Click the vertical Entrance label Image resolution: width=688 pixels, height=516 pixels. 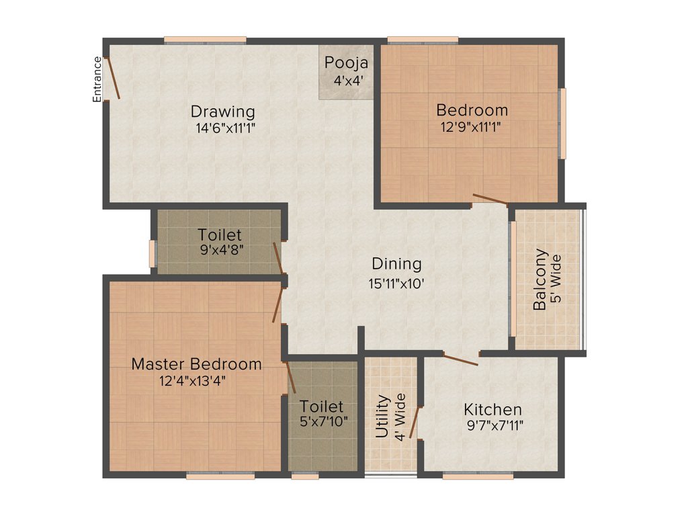[97, 79]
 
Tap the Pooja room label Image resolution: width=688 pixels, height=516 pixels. [346, 63]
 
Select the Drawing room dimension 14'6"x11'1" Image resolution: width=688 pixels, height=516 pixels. [223, 127]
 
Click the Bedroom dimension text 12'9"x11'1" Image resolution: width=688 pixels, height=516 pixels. [471, 126]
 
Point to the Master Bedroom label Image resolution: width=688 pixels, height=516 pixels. [196, 364]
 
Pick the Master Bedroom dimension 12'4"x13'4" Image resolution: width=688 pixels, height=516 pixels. [196, 381]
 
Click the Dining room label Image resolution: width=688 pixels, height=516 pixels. [396, 264]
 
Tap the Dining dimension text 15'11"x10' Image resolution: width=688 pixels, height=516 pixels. [396, 283]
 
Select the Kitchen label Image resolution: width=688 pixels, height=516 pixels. [492, 409]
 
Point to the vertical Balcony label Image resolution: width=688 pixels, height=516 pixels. [540, 280]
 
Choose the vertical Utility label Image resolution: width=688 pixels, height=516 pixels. [382, 417]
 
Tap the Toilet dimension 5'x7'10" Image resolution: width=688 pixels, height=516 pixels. [321, 423]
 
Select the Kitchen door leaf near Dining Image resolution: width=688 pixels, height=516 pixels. [460, 359]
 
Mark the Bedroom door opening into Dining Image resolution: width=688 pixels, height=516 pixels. [490, 198]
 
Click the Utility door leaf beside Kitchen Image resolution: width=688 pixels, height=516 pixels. [415, 422]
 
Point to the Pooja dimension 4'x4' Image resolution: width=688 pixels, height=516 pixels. [346, 80]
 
